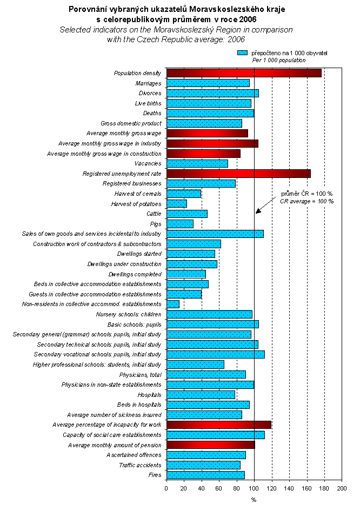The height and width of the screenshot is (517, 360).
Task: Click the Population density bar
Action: [x=244, y=73]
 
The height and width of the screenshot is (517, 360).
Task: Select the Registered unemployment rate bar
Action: [x=238, y=174]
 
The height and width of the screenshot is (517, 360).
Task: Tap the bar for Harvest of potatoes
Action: [x=177, y=204]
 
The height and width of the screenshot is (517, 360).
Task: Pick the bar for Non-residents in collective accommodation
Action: [x=173, y=304]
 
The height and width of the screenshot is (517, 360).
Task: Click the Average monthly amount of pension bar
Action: [x=210, y=445]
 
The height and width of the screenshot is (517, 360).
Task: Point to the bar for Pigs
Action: [x=180, y=224]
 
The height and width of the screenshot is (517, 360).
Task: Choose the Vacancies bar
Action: [x=197, y=163]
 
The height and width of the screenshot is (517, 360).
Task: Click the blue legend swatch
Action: [x=242, y=53]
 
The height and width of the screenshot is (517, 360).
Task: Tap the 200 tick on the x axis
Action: [x=342, y=488]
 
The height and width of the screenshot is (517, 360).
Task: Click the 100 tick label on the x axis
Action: [x=254, y=488]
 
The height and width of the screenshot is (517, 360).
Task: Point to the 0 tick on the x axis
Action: [x=166, y=488]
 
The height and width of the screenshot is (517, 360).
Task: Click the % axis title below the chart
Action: [x=254, y=500]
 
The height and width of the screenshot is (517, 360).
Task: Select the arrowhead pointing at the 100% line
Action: [x=258, y=211]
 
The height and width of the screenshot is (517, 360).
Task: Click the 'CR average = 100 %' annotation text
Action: [x=306, y=201]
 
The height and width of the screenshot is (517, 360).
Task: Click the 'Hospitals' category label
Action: [x=149, y=395]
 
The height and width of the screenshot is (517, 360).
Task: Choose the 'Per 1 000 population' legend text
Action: [x=279, y=60]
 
